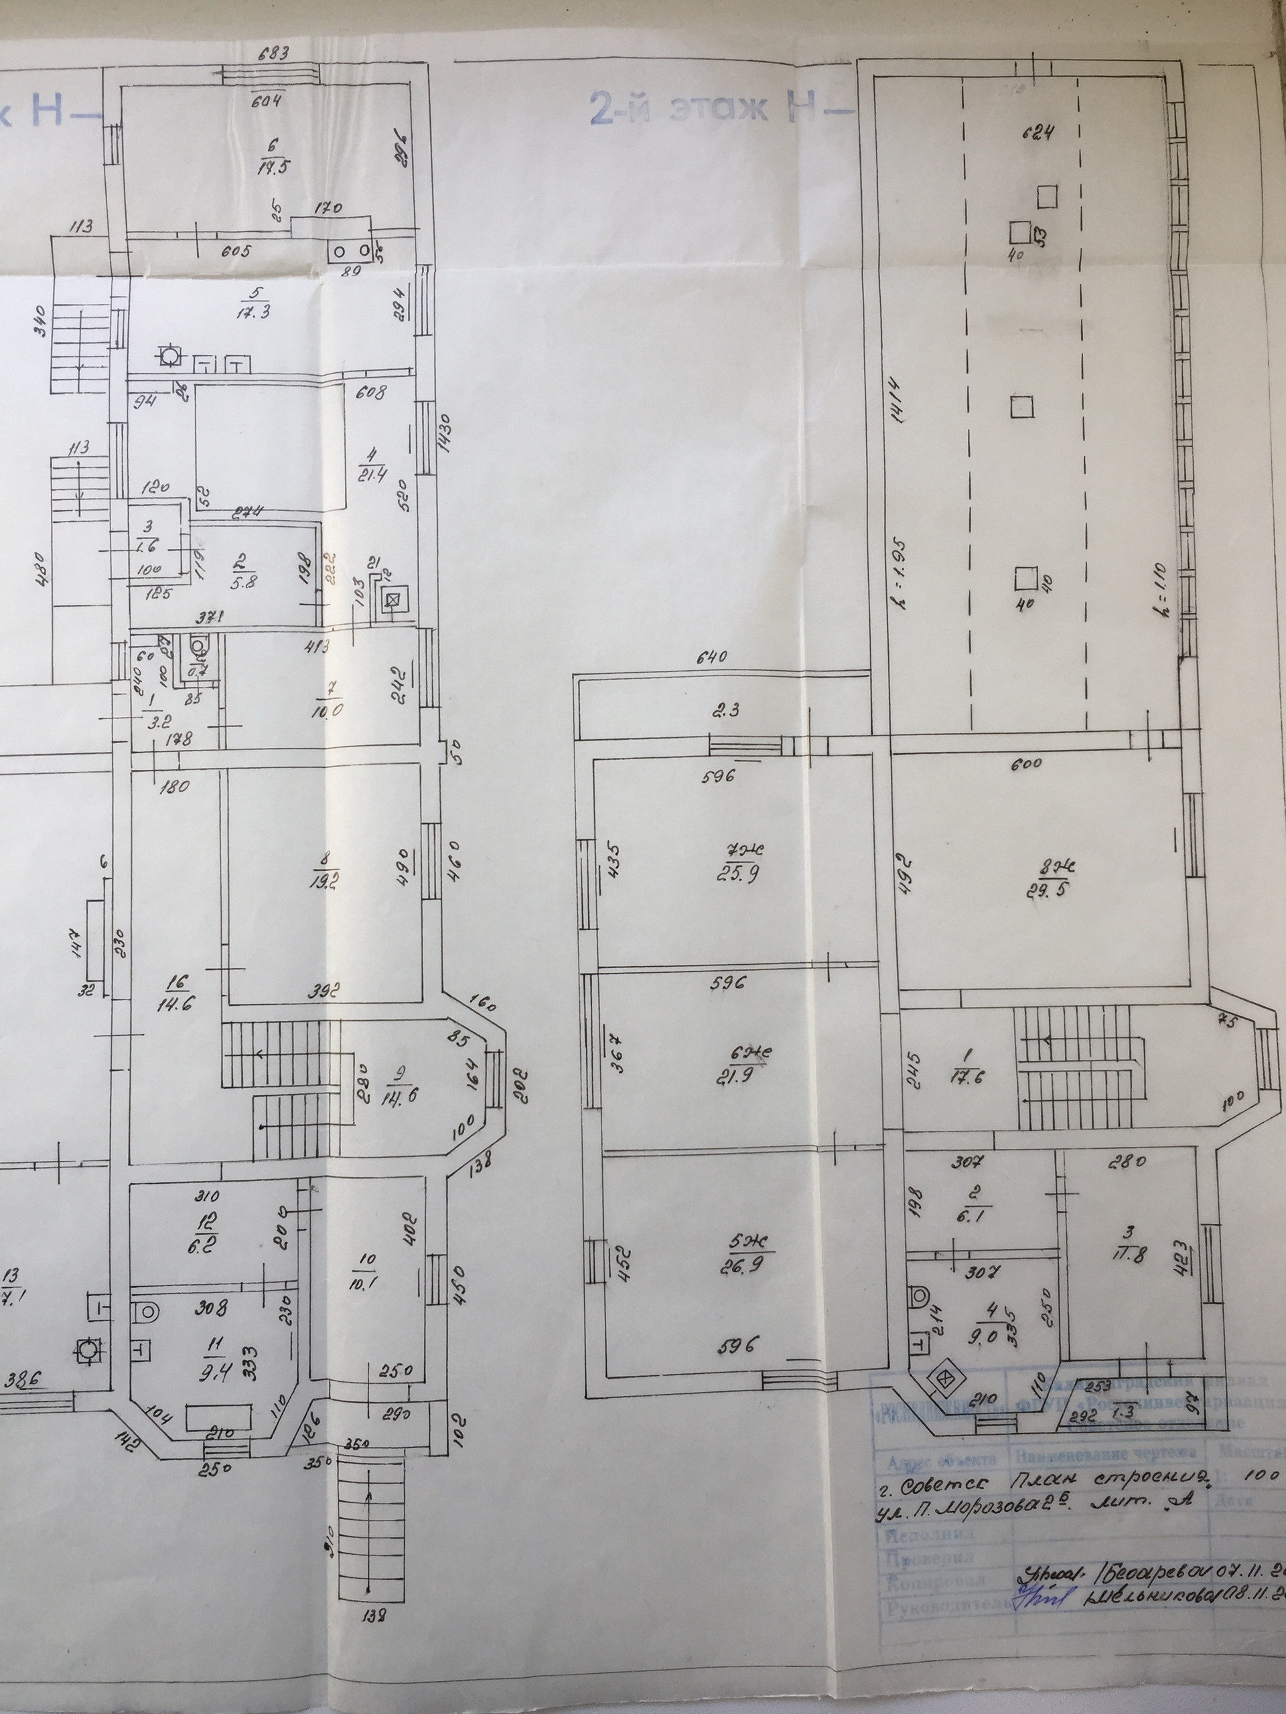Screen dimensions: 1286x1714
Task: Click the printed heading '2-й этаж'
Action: [678, 108]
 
